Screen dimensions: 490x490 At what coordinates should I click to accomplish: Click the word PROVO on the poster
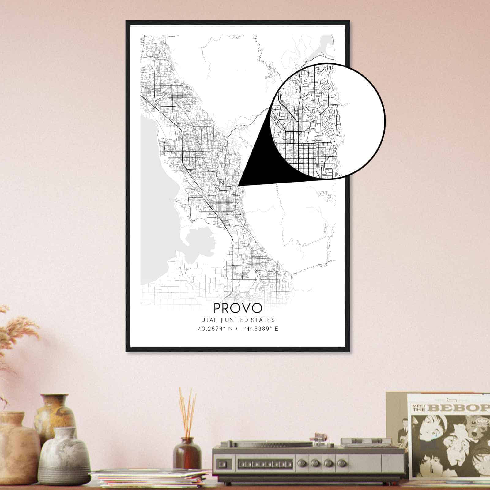click(238, 308)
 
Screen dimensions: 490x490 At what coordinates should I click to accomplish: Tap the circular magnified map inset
click(327, 121)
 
